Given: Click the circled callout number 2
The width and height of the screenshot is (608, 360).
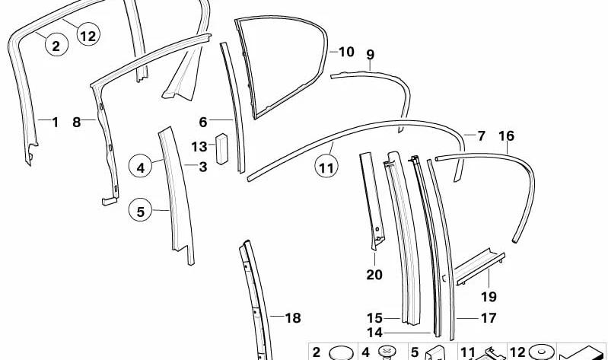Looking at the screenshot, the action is [x=56, y=45].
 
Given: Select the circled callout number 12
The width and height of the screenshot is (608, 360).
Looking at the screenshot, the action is [x=88, y=35].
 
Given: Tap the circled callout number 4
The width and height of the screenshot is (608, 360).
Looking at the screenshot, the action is [x=140, y=167].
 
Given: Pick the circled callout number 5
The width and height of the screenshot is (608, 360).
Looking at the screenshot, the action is [x=140, y=211].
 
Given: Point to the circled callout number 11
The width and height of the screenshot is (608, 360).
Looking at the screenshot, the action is [x=326, y=167].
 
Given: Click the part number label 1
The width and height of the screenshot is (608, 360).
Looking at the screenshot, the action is [x=55, y=123].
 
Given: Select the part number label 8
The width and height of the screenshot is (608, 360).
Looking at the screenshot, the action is [x=76, y=123].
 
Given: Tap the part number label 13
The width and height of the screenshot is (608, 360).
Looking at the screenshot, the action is [x=199, y=147].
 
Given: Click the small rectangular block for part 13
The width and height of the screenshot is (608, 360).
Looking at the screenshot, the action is [x=221, y=149].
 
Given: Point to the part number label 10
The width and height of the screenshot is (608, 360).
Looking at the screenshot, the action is [x=346, y=52].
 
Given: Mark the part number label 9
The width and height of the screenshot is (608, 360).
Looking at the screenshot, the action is [x=371, y=54].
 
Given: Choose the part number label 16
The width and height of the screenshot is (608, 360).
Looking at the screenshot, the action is [x=506, y=135].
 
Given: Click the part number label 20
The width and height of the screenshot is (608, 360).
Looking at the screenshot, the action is [x=374, y=275].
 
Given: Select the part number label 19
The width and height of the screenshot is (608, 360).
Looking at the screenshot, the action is [x=489, y=297].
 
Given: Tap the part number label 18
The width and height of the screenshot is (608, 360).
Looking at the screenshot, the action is [x=293, y=318].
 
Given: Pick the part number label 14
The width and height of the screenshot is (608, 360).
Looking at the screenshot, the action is [x=374, y=333].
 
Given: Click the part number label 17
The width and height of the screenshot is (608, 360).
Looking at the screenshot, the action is [x=489, y=318].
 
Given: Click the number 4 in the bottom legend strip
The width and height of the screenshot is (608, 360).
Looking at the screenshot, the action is [x=366, y=352].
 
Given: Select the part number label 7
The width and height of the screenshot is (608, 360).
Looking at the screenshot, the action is [x=481, y=135].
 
